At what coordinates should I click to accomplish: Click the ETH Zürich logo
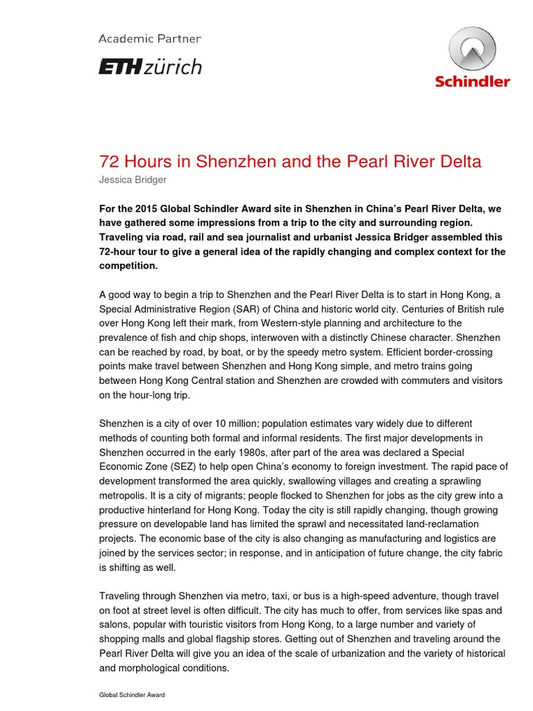(x=150, y=67)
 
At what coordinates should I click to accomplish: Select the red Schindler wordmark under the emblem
(x=472, y=81)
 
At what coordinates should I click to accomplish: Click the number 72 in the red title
(x=109, y=162)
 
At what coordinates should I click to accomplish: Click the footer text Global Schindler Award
(x=133, y=694)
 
